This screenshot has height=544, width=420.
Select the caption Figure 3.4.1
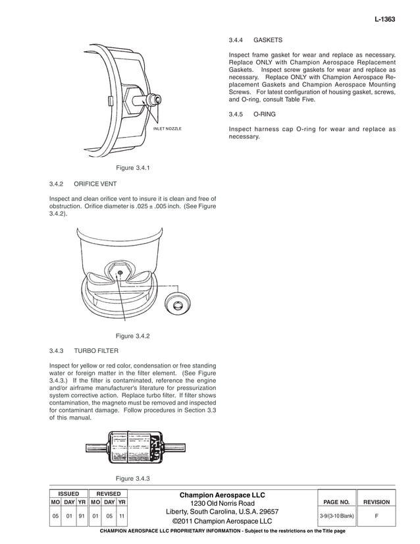click(x=133, y=168)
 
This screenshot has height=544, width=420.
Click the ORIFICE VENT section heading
click(x=95, y=184)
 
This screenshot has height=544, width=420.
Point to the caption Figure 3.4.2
click(x=133, y=337)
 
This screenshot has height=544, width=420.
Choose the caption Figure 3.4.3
click(x=133, y=478)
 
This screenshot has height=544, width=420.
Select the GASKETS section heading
click(x=268, y=39)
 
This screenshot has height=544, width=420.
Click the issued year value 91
click(x=82, y=516)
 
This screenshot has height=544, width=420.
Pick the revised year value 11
click(x=122, y=516)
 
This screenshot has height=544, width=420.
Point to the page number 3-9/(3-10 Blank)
click(x=333, y=516)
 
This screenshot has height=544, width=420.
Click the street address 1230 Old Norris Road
click(x=223, y=503)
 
